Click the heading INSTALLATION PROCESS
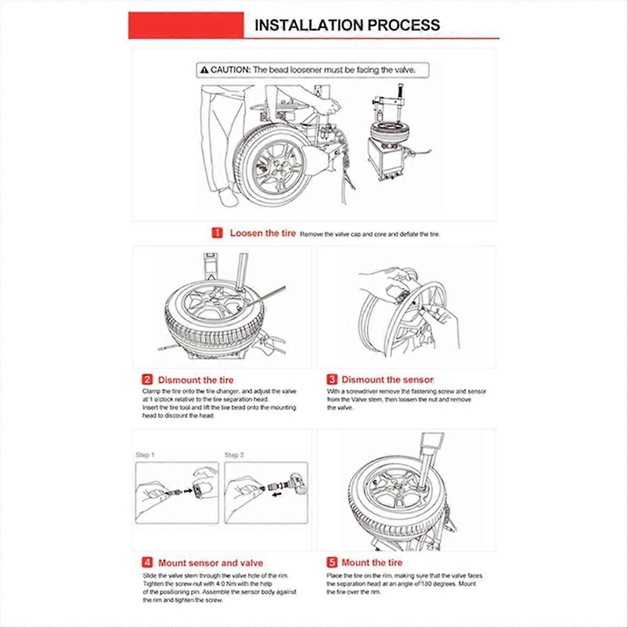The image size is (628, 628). (x=347, y=25)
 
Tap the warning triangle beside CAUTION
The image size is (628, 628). (x=204, y=70)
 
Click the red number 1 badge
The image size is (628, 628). (x=217, y=233)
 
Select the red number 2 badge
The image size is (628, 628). (x=147, y=380)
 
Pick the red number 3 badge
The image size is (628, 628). (x=332, y=379)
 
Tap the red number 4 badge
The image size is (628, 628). (x=147, y=563)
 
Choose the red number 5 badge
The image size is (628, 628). (x=332, y=563)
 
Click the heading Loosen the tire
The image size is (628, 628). (x=263, y=233)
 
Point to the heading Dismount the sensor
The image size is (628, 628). (x=387, y=379)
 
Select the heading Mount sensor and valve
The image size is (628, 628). (x=210, y=563)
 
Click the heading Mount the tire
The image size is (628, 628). (x=372, y=563)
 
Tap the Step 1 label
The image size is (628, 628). (x=145, y=455)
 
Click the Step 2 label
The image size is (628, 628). (x=234, y=455)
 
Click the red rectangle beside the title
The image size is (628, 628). (x=186, y=25)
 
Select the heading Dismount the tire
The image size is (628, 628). (x=196, y=380)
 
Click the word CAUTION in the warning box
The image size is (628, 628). (x=231, y=70)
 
